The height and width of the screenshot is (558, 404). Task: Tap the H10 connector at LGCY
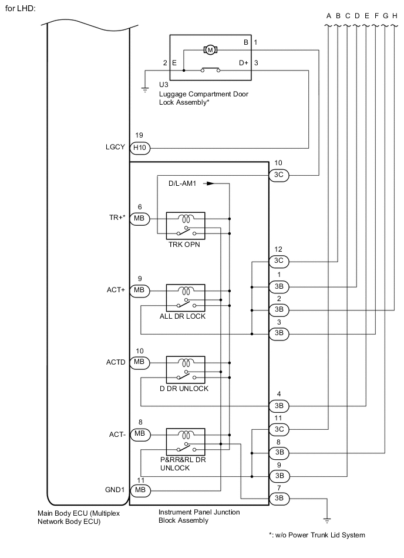pos(139,148)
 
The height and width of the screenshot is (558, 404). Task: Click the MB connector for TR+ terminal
pos(139,219)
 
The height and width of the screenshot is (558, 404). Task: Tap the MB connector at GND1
pos(139,490)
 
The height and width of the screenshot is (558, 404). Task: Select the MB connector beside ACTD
pos(139,361)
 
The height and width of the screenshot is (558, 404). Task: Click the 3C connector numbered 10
pos(279,175)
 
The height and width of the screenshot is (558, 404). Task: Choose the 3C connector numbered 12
pos(279,260)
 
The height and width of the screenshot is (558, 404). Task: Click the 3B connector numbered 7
pos(279,499)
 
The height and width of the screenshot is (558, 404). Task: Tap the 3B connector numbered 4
pos(279,406)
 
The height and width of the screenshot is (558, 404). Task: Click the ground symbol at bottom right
pos(327,520)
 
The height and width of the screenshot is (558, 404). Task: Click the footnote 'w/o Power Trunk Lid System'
pos(318,535)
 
